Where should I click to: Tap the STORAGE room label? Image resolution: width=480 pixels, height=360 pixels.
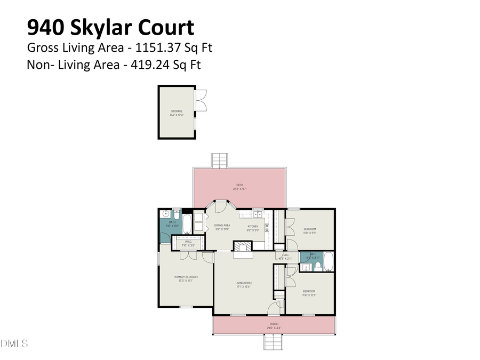177,111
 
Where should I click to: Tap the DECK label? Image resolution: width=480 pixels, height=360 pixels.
239,185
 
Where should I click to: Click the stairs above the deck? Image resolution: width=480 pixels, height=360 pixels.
220,160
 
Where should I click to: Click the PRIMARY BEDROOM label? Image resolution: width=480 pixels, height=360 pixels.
186,276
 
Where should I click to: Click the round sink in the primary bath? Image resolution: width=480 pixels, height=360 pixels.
164,214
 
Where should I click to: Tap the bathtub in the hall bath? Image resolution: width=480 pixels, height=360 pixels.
329,261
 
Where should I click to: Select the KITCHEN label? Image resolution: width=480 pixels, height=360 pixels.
253,226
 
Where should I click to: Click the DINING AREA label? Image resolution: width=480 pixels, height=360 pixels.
222,225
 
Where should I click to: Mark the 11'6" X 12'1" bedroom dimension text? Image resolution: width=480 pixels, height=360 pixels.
310,295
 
